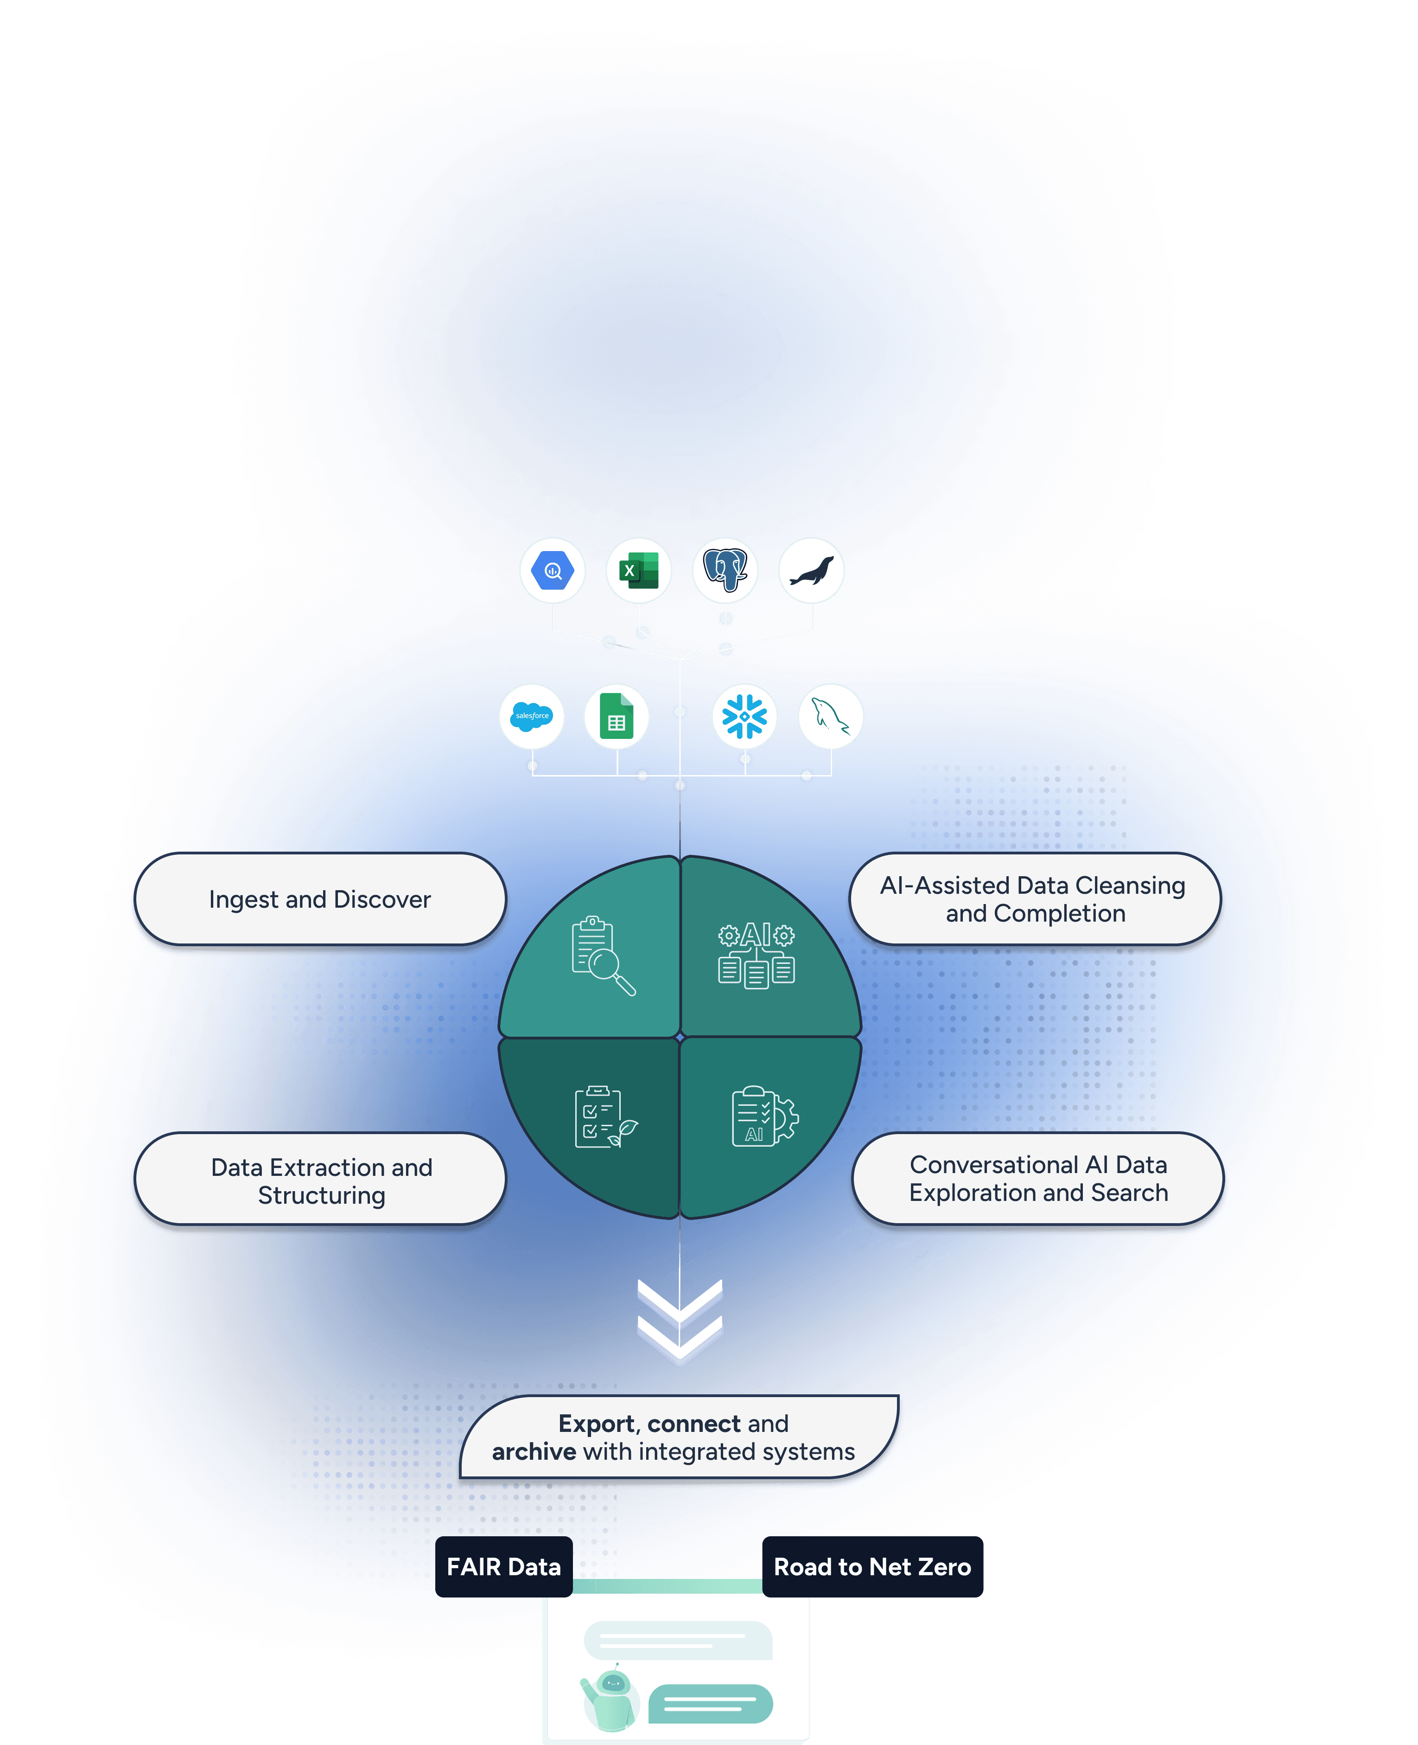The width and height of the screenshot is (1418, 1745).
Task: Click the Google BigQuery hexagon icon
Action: coord(553,571)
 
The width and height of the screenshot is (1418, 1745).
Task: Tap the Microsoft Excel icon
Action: coord(639,571)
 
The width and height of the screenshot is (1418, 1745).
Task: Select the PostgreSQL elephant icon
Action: coord(725,571)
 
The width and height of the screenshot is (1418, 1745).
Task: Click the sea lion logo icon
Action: coord(811,571)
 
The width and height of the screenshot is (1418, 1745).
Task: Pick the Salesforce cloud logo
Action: coord(532,717)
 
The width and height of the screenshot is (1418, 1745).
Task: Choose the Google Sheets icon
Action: coord(617,717)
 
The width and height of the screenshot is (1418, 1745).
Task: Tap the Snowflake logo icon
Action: coord(744,717)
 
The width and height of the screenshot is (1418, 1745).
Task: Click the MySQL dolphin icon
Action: coord(831,717)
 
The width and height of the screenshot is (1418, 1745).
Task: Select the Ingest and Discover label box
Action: coord(320,899)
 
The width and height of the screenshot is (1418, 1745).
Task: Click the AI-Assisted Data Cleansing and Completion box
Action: coord(1035,899)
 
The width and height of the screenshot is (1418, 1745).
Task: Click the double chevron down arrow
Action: coord(680,1320)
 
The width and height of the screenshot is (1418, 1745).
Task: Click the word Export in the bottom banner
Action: coord(596,1424)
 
